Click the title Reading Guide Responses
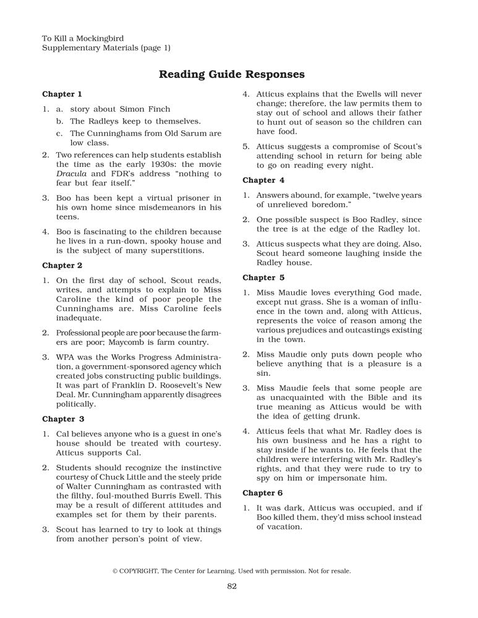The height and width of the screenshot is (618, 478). pos(232,75)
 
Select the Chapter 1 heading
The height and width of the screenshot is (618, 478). pos(62,95)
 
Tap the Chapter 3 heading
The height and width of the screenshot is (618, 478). pos(62,419)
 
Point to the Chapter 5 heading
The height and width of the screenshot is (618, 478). pos(263,277)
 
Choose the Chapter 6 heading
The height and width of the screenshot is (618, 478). pos(263,493)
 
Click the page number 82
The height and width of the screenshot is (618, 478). pos(232,586)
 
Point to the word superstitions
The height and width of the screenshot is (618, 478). pos(175,251)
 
